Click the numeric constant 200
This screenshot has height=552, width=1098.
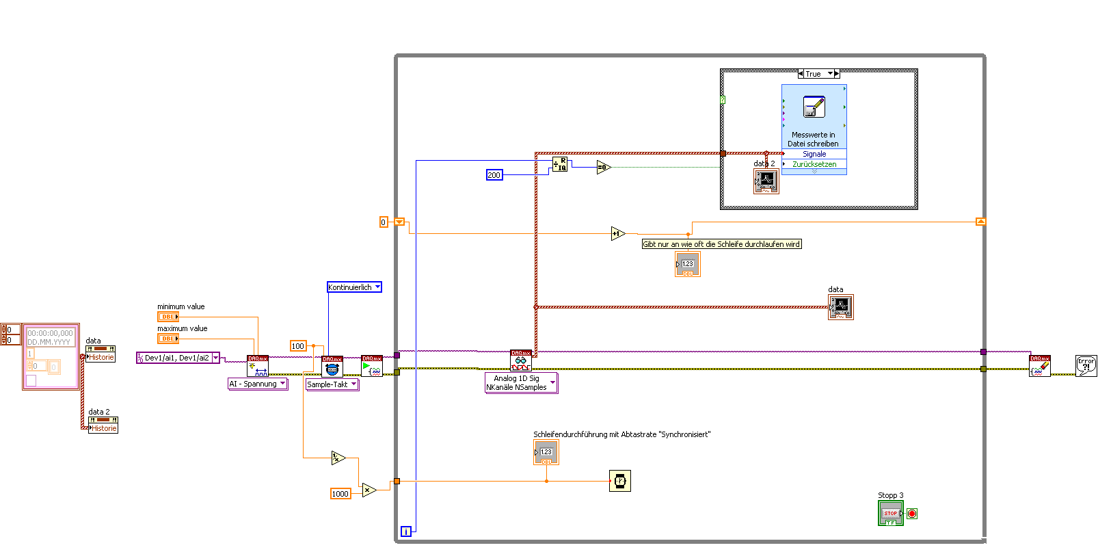(x=494, y=175)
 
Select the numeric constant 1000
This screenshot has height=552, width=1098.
(x=340, y=494)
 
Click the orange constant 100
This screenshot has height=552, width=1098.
(x=298, y=346)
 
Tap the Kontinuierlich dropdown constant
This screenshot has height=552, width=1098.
(x=353, y=287)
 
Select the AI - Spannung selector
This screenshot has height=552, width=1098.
(x=257, y=384)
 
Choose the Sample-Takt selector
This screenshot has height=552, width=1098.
(x=332, y=384)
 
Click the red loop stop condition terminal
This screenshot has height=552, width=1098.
(x=912, y=514)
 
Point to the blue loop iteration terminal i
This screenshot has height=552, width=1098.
(x=406, y=531)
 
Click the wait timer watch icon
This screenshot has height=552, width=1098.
(x=620, y=481)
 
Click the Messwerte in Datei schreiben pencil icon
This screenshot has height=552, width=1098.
(x=814, y=107)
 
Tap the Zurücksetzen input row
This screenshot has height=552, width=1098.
(x=814, y=164)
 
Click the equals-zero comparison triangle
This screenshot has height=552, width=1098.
(x=603, y=167)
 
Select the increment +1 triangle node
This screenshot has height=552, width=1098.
(x=617, y=234)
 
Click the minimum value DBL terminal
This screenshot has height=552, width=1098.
(x=168, y=317)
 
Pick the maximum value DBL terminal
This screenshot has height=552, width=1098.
(x=168, y=339)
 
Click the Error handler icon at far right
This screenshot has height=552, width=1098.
(x=1086, y=366)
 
